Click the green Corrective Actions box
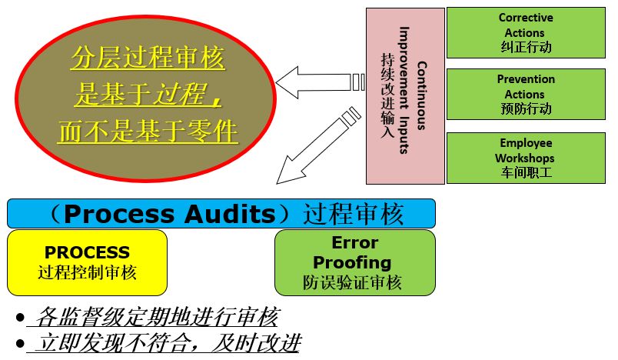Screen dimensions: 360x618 point(526,32)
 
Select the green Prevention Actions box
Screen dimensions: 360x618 point(526,94)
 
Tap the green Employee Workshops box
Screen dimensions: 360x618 point(526,158)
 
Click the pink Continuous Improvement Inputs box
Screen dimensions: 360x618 point(405,96)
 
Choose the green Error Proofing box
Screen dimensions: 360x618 point(354,262)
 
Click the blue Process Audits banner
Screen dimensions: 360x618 point(221,213)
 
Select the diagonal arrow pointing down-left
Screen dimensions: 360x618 point(311,147)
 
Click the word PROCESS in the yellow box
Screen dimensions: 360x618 point(87,252)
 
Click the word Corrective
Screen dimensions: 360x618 point(526,18)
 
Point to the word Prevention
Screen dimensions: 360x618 point(526,79)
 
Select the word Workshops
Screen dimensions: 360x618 point(526,158)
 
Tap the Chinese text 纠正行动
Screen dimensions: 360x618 point(526,47)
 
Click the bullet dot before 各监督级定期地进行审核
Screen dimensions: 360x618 point(18,318)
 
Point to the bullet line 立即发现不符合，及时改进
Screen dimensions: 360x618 point(164,342)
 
